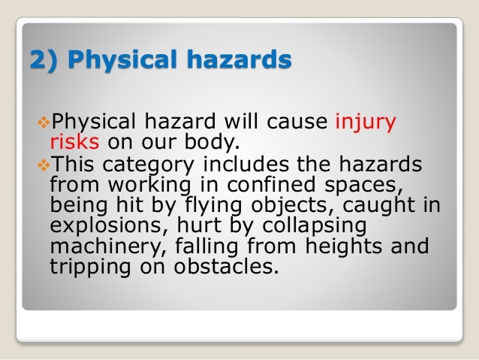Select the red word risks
pos(74,142)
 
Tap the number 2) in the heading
pos(43,59)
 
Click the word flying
pos(195,205)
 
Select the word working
pos(126,184)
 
